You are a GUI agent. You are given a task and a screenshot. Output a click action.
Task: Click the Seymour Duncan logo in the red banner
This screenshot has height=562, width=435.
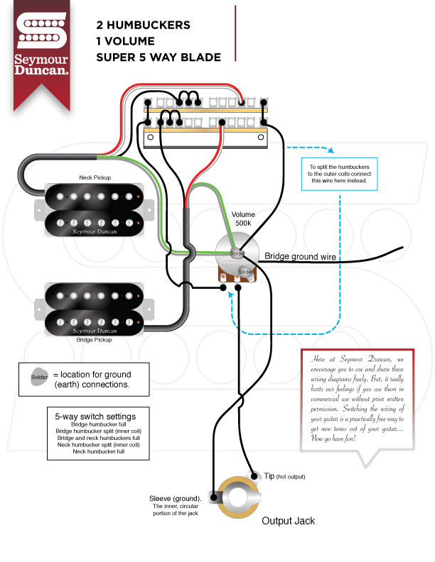42,50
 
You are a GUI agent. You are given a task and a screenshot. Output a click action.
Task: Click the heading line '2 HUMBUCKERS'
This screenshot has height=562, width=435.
143,25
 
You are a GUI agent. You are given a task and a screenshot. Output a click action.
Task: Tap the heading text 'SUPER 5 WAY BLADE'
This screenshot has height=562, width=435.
158,57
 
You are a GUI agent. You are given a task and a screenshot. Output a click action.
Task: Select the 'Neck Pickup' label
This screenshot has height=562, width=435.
94,177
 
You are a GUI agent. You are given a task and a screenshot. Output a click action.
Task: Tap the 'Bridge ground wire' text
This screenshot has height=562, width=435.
300,255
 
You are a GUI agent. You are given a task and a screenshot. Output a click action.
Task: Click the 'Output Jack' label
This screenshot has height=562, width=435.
288,520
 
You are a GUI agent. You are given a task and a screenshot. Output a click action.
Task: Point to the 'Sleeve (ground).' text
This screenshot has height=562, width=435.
175,499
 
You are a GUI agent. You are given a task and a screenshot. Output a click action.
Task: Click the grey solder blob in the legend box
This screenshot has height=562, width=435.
38,378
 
